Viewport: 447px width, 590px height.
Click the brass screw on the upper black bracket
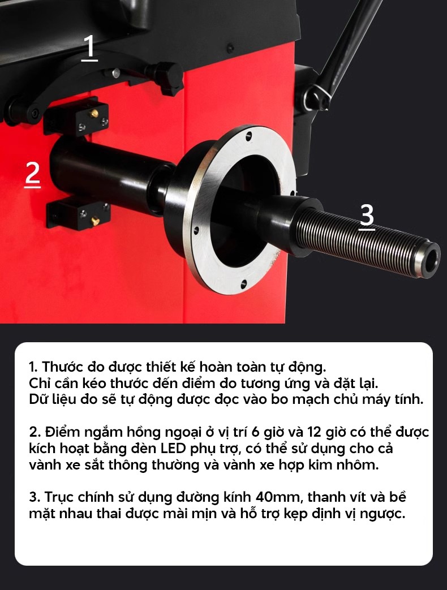[x=94, y=113]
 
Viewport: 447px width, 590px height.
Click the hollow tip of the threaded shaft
[x=431, y=260]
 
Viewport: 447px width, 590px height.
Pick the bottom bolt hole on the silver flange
[x=243, y=284]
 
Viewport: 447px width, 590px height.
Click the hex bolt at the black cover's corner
[x=230, y=48]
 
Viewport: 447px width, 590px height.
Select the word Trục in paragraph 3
[x=59, y=497]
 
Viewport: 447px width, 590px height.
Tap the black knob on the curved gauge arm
[x=170, y=77]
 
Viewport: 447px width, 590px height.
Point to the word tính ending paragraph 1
[x=410, y=399]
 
